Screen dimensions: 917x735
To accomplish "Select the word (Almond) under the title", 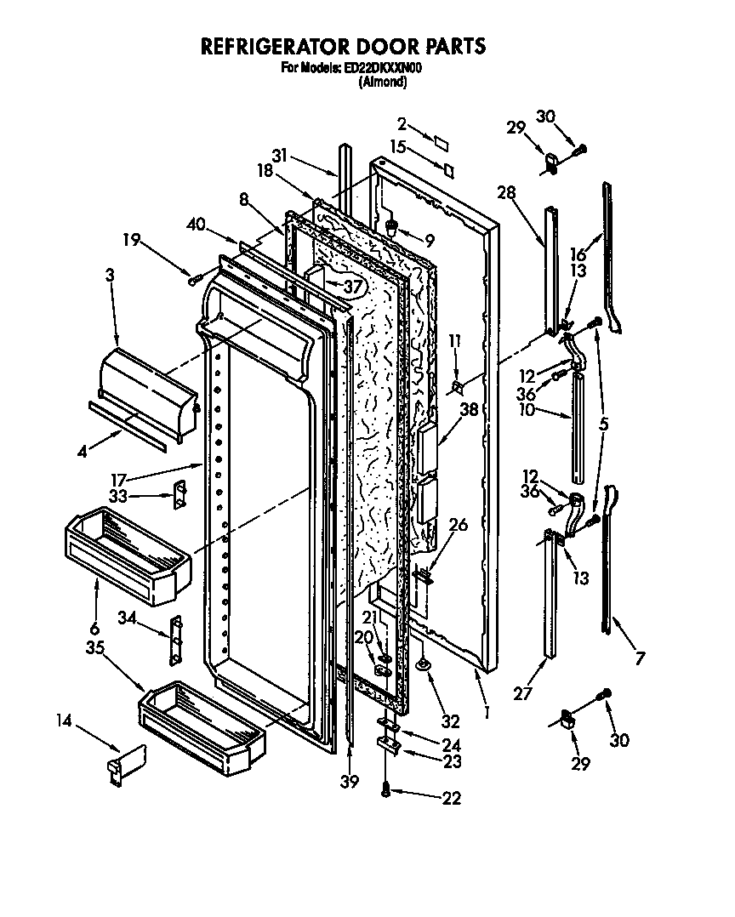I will [382, 82].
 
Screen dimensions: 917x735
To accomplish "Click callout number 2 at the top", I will [402, 124].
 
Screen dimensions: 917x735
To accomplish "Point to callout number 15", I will [398, 147].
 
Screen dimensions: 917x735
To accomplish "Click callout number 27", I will [523, 694].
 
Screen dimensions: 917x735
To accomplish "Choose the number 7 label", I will [640, 658].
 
